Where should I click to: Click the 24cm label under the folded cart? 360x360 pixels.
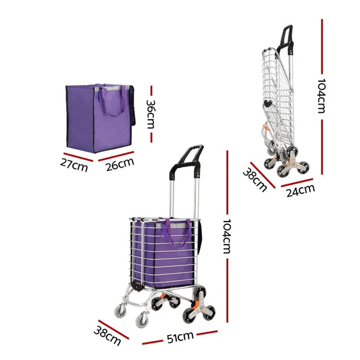[x=299, y=192]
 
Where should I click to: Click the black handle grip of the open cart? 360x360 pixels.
[x=191, y=155]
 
